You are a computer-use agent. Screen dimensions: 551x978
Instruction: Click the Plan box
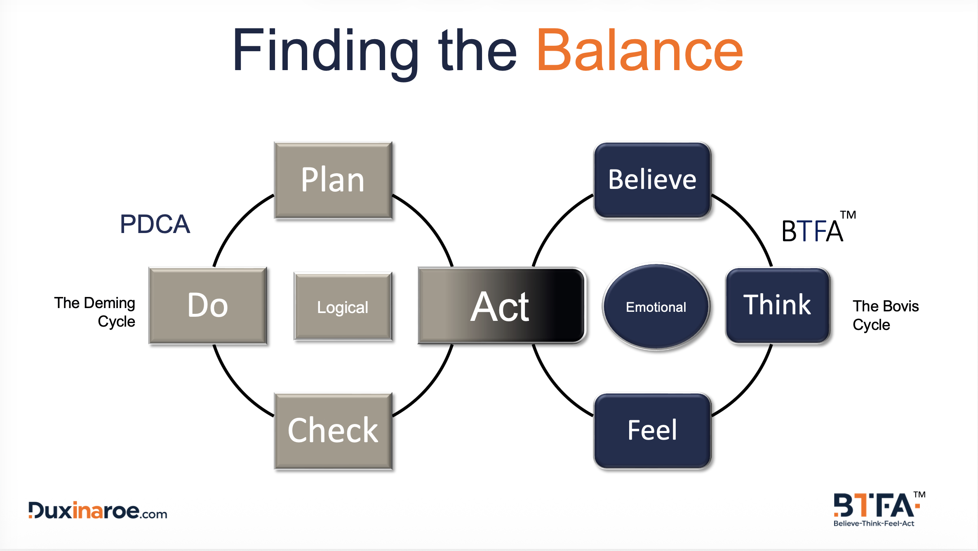pos(333,180)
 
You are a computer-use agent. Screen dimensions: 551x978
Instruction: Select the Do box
pos(208,306)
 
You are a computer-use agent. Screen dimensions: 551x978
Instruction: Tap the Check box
pos(333,431)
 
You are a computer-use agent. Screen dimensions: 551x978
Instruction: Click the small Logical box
pos(343,307)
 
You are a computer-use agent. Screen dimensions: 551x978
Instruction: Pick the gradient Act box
pos(501,306)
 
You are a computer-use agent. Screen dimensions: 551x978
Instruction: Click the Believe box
pos(652,180)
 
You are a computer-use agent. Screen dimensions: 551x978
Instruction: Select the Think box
pos(777,306)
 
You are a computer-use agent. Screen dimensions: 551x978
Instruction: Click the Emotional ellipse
pos(656,307)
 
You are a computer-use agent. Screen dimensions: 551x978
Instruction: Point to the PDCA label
pos(155,225)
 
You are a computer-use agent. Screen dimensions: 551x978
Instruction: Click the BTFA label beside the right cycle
pos(811,231)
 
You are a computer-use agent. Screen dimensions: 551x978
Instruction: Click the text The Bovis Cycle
pos(885,315)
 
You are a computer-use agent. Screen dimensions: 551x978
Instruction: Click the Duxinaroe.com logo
pos(98,511)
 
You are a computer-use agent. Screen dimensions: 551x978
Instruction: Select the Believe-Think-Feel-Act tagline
pos(874,523)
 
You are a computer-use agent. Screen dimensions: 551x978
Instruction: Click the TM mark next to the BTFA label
pos(848,215)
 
